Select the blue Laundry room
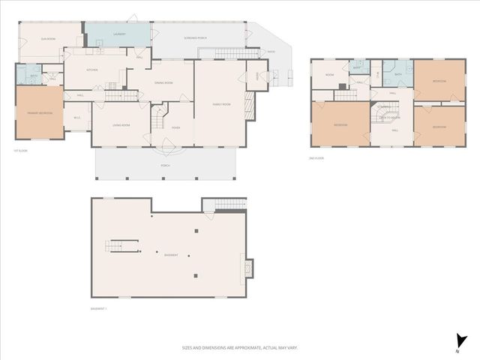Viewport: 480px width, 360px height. (118, 34)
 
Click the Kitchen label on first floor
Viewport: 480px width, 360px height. (92, 70)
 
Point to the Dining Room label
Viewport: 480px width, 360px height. (163, 82)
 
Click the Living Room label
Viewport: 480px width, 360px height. (121, 125)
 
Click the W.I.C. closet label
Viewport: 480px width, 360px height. (76, 116)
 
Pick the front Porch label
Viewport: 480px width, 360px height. (165, 165)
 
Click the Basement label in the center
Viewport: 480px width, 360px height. (171, 256)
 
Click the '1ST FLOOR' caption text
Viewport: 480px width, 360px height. (20, 151)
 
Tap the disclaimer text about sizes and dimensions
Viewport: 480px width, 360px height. (239, 347)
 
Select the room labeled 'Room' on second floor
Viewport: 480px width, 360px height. (328, 75)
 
